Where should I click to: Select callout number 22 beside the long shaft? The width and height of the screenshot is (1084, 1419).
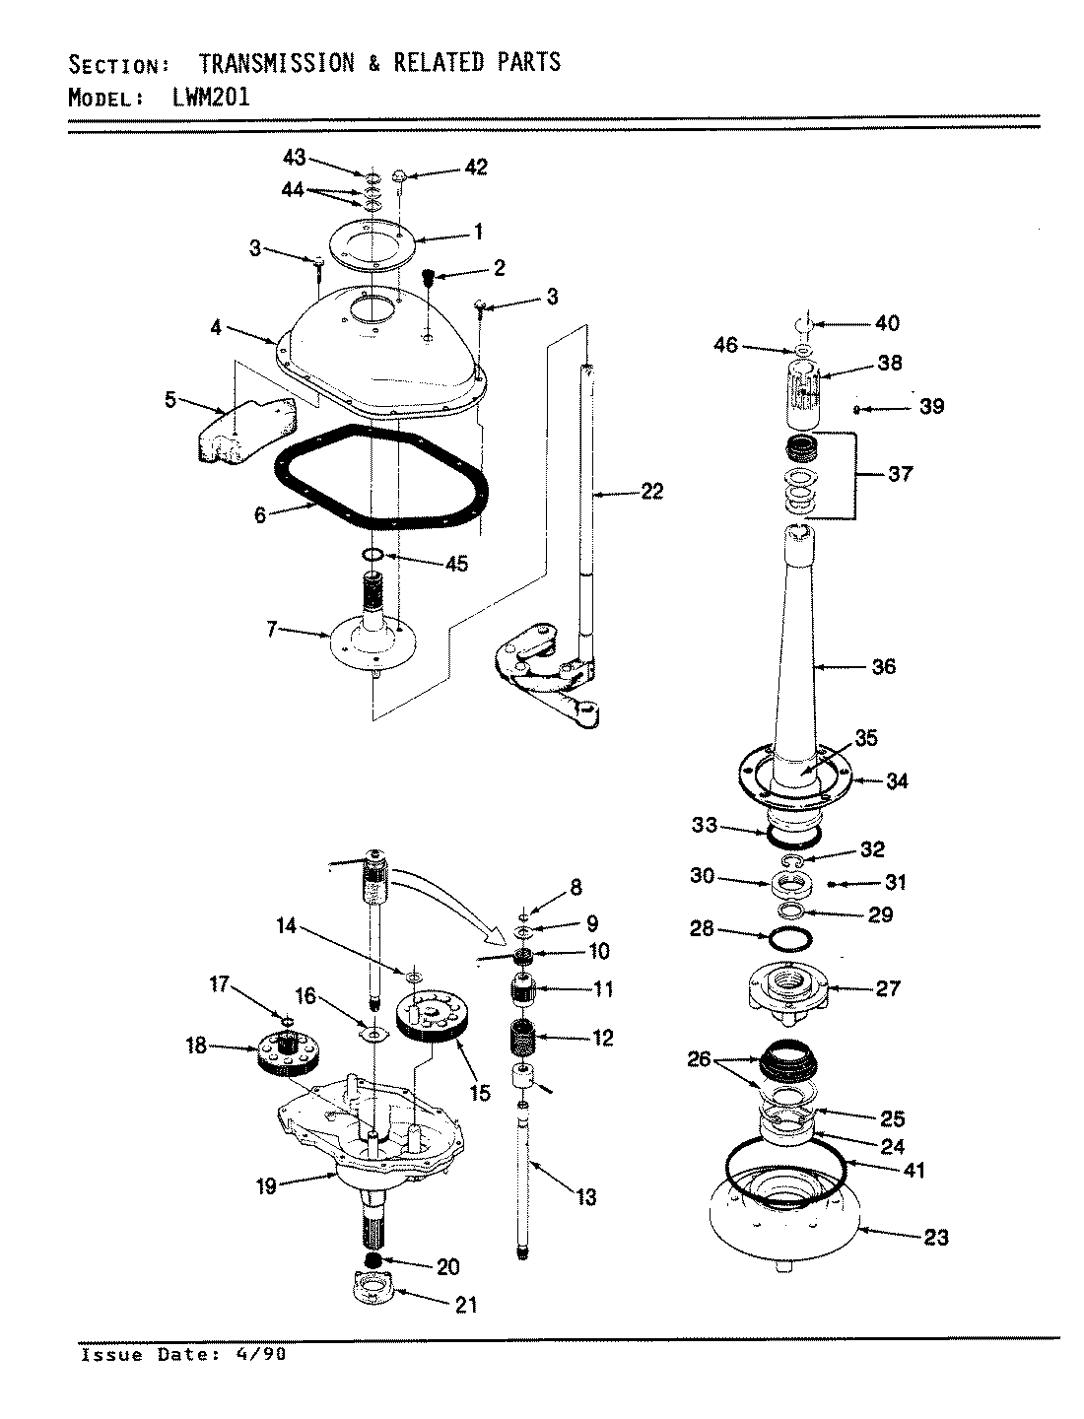(x=651, y=491)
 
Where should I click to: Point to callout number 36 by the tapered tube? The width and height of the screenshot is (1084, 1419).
(x=884, y=666)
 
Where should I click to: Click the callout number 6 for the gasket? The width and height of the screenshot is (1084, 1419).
(x=260, y=514)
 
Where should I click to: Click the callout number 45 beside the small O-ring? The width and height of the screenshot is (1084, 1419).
(x=455, y=565)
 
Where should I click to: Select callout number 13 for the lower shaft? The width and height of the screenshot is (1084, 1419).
(x=586, y=1197)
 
